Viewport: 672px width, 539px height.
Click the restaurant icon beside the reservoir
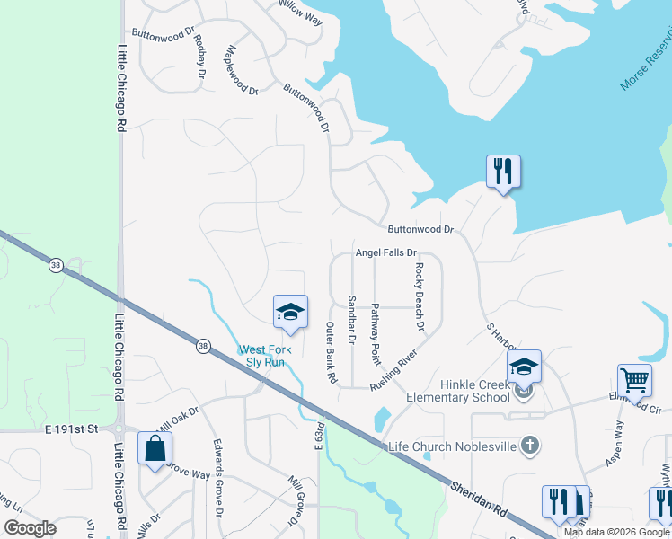point(503,171)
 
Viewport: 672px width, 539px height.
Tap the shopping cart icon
point(634,380)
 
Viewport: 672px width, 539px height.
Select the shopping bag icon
point(155,447)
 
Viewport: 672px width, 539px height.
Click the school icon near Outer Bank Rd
point(290,312)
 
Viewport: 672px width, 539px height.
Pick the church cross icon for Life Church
point(531,445)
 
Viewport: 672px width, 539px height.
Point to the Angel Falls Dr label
point(386,254)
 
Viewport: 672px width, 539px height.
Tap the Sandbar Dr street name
point(351,320)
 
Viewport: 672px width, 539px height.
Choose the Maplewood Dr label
point(243,71)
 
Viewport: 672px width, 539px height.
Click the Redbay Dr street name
point(200,57)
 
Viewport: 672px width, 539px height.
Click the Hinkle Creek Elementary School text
point(457,391)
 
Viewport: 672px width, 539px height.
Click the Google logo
point(31,528)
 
